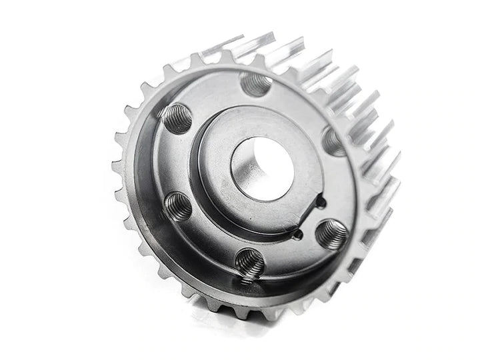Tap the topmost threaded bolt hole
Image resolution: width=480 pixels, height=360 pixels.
256,84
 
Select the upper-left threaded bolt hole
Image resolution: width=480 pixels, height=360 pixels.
177,119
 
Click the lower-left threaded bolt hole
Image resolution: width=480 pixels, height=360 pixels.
178,207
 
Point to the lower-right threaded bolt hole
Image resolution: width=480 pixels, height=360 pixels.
331,235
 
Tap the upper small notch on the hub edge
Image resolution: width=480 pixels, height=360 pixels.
321,200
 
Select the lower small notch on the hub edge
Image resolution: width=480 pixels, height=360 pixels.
297,233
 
